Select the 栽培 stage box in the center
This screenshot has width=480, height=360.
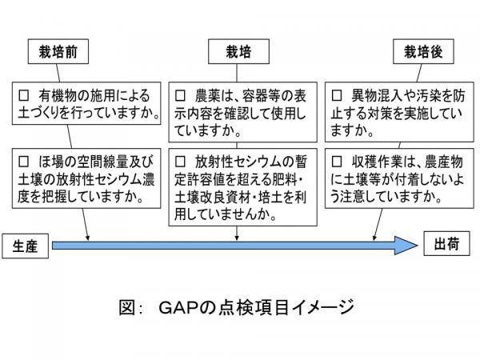[240, 53]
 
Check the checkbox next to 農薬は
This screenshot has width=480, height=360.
[181, 94]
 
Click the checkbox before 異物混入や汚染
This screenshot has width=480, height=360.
[336, 94]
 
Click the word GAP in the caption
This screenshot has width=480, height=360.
[182, 306]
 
